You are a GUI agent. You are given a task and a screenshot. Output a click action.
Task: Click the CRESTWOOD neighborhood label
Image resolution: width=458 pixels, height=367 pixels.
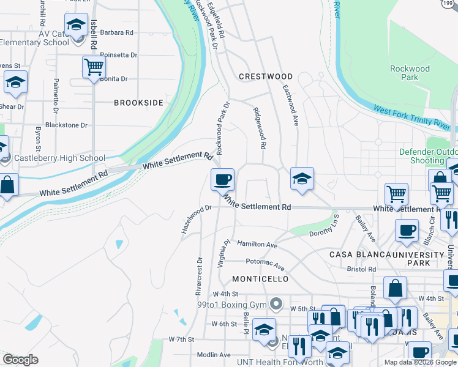coord(265,76)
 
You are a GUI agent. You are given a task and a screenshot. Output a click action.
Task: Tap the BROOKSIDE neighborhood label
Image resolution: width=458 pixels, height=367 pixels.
coord(138,103)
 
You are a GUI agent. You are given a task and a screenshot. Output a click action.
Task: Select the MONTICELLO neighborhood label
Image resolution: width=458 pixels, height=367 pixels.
coord(260,279)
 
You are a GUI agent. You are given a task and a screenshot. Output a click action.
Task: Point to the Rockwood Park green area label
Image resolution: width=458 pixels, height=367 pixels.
coord(410,73)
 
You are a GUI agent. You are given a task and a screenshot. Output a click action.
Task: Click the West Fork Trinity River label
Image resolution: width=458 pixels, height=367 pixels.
coord(411,119)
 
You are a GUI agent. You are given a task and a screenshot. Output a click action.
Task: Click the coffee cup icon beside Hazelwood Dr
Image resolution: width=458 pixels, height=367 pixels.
coord(222,180)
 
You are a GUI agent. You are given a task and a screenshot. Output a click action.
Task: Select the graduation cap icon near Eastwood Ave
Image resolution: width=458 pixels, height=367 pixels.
coord(302,179)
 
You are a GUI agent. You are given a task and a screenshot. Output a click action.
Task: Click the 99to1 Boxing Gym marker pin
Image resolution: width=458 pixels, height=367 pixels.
coord(277,303)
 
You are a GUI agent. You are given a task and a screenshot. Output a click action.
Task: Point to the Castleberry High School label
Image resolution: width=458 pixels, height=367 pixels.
coord(59,158)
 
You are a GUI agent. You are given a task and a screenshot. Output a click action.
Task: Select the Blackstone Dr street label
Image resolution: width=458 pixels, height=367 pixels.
coord(67,125)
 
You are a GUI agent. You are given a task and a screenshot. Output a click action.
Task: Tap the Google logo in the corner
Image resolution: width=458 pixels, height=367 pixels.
coord(20,360)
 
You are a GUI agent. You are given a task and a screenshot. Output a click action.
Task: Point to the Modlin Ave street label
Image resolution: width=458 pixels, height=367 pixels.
coord(214,355)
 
